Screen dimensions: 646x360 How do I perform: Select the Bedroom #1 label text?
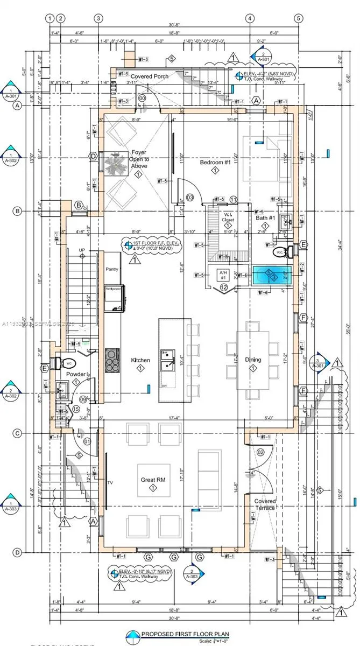[x=215, y=162]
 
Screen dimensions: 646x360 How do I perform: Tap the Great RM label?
[x=152, y=480]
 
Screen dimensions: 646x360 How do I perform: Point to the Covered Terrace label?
[x=265, y=504]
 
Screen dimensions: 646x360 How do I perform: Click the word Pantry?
[x=112, y=269]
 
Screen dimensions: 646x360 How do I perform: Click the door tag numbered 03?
[x=189, y=197]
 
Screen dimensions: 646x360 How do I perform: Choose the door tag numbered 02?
[x=260, y=452]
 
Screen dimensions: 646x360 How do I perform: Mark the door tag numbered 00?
[x=142, y=99]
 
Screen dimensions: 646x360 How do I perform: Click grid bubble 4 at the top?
[x=250, y=18]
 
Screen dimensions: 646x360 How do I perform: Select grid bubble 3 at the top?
[x=98, y=18]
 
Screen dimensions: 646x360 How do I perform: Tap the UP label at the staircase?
[x=82, y=250]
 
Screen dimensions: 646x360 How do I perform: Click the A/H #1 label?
[x=223, y=275]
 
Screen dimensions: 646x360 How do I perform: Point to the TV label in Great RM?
[x=110, y=483]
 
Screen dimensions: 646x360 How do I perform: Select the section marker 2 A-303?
[x=193, y=574]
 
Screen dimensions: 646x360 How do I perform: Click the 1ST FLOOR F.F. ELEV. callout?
[x=152, y=246]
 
